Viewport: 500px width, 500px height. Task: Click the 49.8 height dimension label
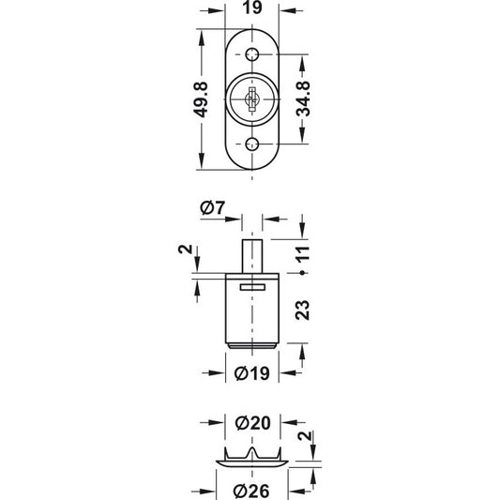coord(201,99)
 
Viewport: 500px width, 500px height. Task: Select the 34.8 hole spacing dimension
coord(303,98)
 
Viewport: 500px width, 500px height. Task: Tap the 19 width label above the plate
coord(252,8)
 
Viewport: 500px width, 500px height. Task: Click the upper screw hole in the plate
coord(252,54)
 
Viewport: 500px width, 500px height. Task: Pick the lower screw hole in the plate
coord(252,144)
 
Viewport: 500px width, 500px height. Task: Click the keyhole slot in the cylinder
coord(252,99)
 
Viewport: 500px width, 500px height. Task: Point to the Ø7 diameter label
coord(212,208)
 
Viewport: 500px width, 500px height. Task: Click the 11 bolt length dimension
coord(303,254)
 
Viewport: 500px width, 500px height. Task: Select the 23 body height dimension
coord(302,310)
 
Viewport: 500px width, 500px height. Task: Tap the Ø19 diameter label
coord(252,373)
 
